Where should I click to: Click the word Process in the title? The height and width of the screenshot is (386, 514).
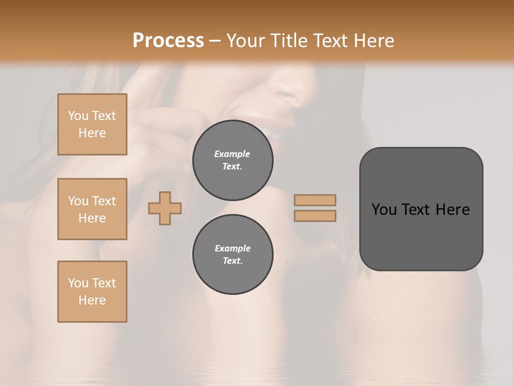point(168,41)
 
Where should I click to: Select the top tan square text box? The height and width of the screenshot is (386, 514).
point(92,124)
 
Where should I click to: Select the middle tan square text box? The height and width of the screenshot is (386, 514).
point(92,209)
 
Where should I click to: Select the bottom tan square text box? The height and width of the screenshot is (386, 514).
point(92,292)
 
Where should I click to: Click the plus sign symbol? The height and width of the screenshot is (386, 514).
point(165,207)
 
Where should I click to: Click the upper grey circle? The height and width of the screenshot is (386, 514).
point(232,160)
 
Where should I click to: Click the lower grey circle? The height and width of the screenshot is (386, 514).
point(232,255)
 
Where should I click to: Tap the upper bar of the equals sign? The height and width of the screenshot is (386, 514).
point(315,200)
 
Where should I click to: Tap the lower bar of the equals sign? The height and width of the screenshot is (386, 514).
point(315,216)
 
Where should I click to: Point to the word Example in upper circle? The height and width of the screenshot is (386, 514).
point(232,154)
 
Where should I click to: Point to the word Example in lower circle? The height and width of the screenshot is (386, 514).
point(232,248)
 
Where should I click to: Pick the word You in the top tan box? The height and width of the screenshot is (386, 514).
point(78,116)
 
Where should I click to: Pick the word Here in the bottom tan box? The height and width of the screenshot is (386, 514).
point(92,300)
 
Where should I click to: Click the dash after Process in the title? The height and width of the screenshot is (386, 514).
point(215,41)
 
